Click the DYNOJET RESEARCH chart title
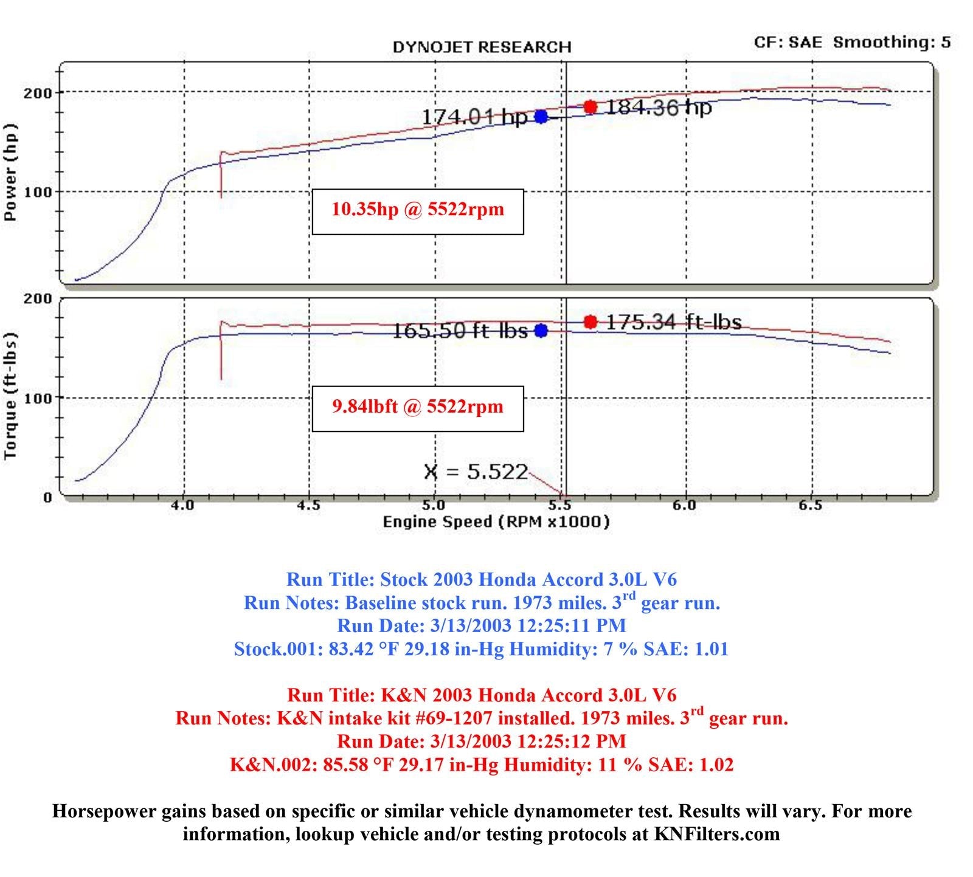[482, 47]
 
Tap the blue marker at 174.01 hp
[541, 117]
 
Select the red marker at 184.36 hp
[590, 107]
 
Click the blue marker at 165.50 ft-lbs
[541, 331]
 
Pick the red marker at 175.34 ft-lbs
[590, 322]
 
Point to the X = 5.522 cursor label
[476, 472]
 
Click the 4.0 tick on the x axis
[182, 506]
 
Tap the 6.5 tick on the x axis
[811, 506]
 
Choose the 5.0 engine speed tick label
[433, 506]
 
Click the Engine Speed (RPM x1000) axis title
[496, 521]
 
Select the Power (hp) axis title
[10, 172]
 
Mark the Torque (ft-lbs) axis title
[10, 396]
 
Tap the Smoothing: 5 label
[892, 42]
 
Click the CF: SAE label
[788, 42]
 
